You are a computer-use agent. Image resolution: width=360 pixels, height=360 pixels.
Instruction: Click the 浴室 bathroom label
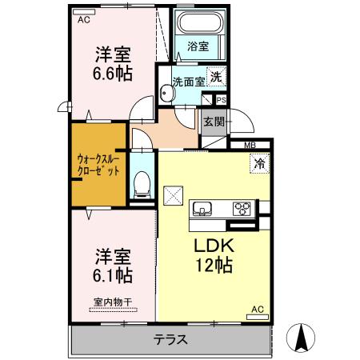click(198, 46)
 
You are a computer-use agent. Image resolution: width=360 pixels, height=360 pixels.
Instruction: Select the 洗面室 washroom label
click(187, 81)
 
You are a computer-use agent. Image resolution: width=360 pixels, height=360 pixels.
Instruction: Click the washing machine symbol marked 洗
click(216, 77)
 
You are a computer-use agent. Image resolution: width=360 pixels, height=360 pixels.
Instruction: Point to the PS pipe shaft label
click(222, 100)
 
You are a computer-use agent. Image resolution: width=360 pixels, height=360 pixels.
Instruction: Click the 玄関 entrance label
click(213, 122)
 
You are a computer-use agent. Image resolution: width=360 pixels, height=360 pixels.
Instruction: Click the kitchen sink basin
click(202, 210)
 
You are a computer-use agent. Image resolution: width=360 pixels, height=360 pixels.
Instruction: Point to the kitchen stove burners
click(242, 209)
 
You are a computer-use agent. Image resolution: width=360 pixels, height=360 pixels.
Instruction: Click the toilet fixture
click(142, 184)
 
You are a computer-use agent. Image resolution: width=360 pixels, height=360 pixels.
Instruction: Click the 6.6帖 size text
click(113, 72)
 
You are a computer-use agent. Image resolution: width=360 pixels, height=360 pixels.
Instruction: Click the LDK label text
click(211, 247)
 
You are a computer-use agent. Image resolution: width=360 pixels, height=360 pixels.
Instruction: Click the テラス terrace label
click(170, 339)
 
